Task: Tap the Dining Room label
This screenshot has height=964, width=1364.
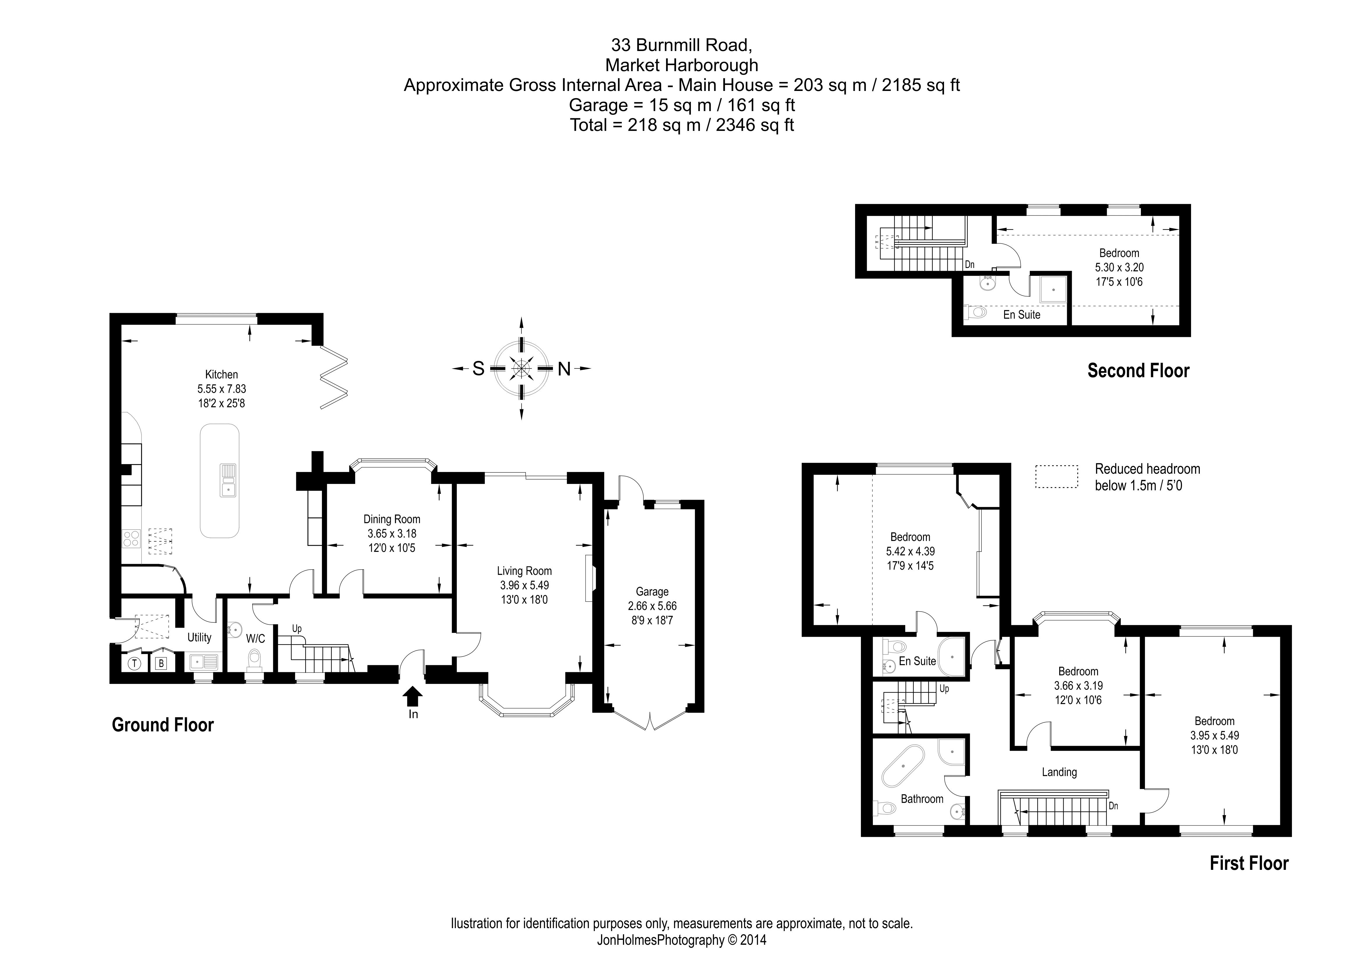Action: click(391, 519)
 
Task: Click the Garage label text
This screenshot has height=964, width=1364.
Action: click(652, 591)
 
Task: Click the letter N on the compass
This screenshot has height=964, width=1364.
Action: click(564, 369)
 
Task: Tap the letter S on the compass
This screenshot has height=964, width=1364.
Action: click(478, 369)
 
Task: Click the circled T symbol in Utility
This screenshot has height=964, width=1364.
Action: click(134, 663)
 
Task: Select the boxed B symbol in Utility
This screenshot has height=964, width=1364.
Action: click(160, 663)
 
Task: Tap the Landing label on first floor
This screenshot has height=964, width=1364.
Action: click(1059, 772)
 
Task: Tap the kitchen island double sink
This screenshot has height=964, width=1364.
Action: click(228, 480)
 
